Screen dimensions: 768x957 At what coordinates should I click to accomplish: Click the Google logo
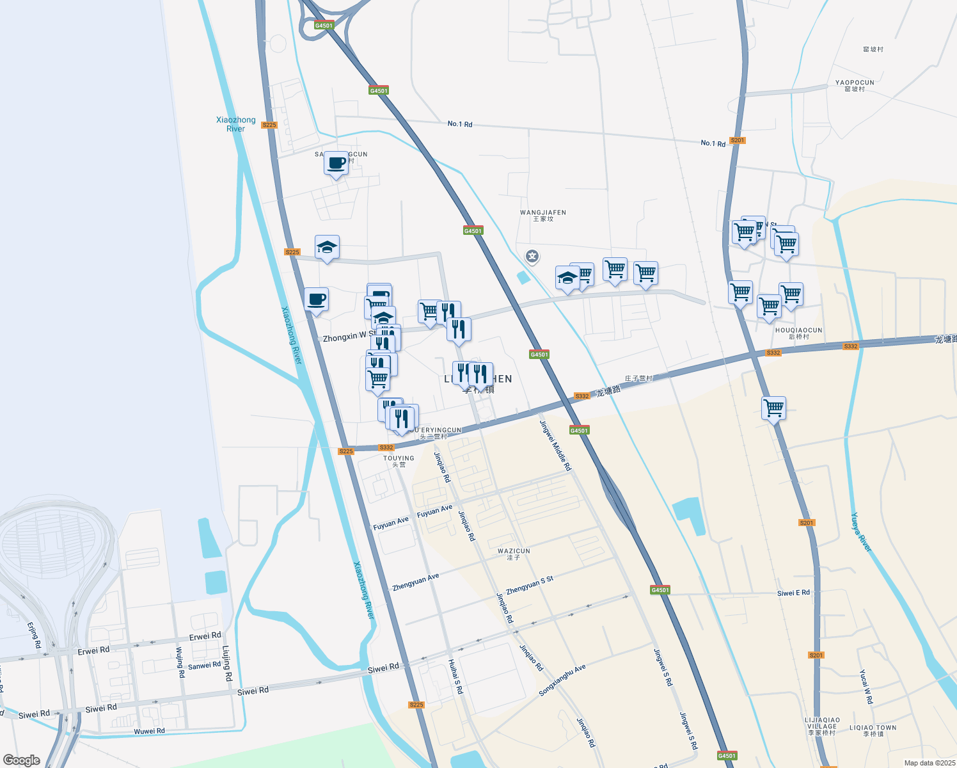click(x=22, y=760)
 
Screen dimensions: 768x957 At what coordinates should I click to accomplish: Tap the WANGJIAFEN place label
click(x=543, y=215)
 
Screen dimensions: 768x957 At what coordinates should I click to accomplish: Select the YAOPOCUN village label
click(x=855, y=85)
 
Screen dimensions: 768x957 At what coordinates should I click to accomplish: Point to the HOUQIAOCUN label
click(x=798, y=333)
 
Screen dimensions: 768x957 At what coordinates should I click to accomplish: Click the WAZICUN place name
click(x=514, y=554)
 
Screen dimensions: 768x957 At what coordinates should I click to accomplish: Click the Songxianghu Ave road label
click(x=562, y=680)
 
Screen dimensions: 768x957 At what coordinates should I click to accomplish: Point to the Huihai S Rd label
click(x=455, y=676)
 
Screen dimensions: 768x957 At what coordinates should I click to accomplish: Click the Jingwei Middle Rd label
click(x=555, y=446)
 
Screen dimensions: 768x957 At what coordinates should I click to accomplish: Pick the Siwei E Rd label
click(x=793, y=593)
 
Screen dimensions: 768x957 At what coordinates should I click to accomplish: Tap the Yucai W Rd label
click(x=866, y=687)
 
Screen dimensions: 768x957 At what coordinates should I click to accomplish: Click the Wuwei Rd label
click(x=149, y=731)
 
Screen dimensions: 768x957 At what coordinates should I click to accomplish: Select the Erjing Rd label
click(x=34, y=636)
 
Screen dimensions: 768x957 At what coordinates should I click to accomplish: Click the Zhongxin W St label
click(x=349, y=337)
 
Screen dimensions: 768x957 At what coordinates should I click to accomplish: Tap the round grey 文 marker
click(x=532, y=257)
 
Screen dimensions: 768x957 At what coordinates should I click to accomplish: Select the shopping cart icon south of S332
click(x=773, y=408)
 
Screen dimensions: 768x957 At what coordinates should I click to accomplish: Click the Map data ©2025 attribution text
click(x=928, y=763)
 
